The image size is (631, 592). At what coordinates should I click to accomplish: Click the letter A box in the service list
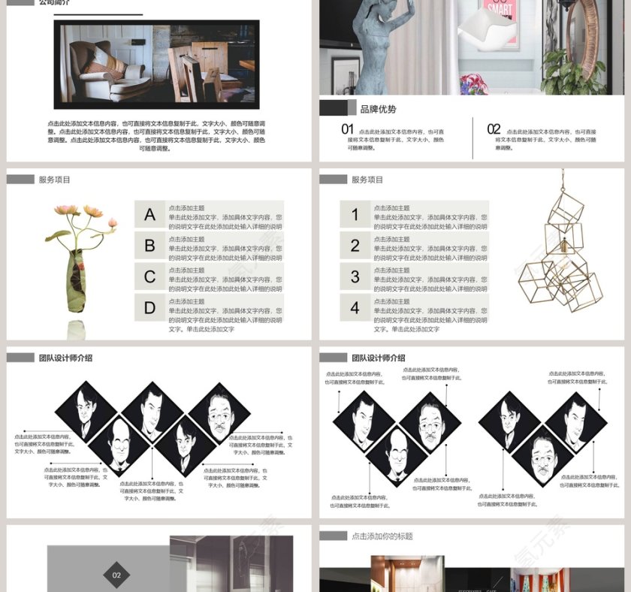(x=150, y=215)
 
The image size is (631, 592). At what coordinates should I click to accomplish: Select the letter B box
(x=150, y=246)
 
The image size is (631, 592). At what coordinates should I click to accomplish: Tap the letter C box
(x=150, y=277)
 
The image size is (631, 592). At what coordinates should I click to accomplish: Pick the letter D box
(x=150, y=308)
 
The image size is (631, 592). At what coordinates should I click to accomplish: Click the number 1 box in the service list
(x=355, y=215)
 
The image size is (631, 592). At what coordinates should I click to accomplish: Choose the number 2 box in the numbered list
(x=355, y=246)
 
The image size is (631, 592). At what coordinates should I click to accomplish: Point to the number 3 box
(x=355, y=277)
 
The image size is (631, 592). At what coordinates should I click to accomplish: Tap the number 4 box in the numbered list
(x=355, y=308)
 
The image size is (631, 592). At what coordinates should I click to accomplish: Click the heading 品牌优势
(x=378, y=109)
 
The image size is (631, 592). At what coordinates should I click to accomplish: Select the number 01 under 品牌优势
(x=347, y=129)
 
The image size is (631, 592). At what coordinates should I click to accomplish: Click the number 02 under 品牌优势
(x=494, y=129)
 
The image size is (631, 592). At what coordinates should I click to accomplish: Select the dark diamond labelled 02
(x=116, y=575)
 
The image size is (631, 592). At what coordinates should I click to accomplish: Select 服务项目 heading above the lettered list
(x=55, y=180)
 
